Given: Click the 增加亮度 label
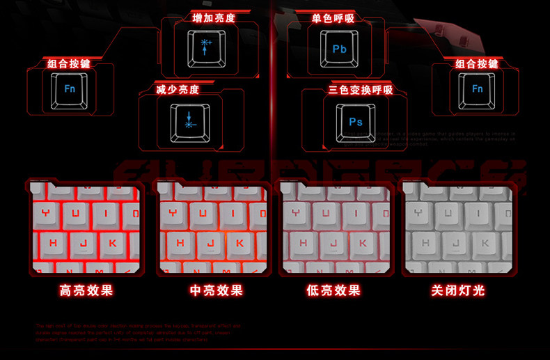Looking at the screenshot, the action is tap(214, 18).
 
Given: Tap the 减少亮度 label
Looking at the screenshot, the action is tap(178, 90).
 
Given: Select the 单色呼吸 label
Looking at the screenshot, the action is tap(333, 18).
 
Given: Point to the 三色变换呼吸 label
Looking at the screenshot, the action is tap(361, 90).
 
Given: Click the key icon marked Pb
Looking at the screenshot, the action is tap(340, 49).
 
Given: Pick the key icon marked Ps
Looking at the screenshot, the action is tap(355, 122).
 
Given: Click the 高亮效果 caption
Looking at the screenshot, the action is tap(86, 290).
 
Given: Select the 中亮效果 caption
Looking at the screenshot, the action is tap(217, 290).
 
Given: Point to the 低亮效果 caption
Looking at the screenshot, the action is tap(333, 290).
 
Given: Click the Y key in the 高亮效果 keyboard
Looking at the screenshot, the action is tap(46, 213).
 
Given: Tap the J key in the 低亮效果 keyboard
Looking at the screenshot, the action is tap(333, 243).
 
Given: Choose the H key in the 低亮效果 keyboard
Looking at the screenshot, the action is tap(302, 243).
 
